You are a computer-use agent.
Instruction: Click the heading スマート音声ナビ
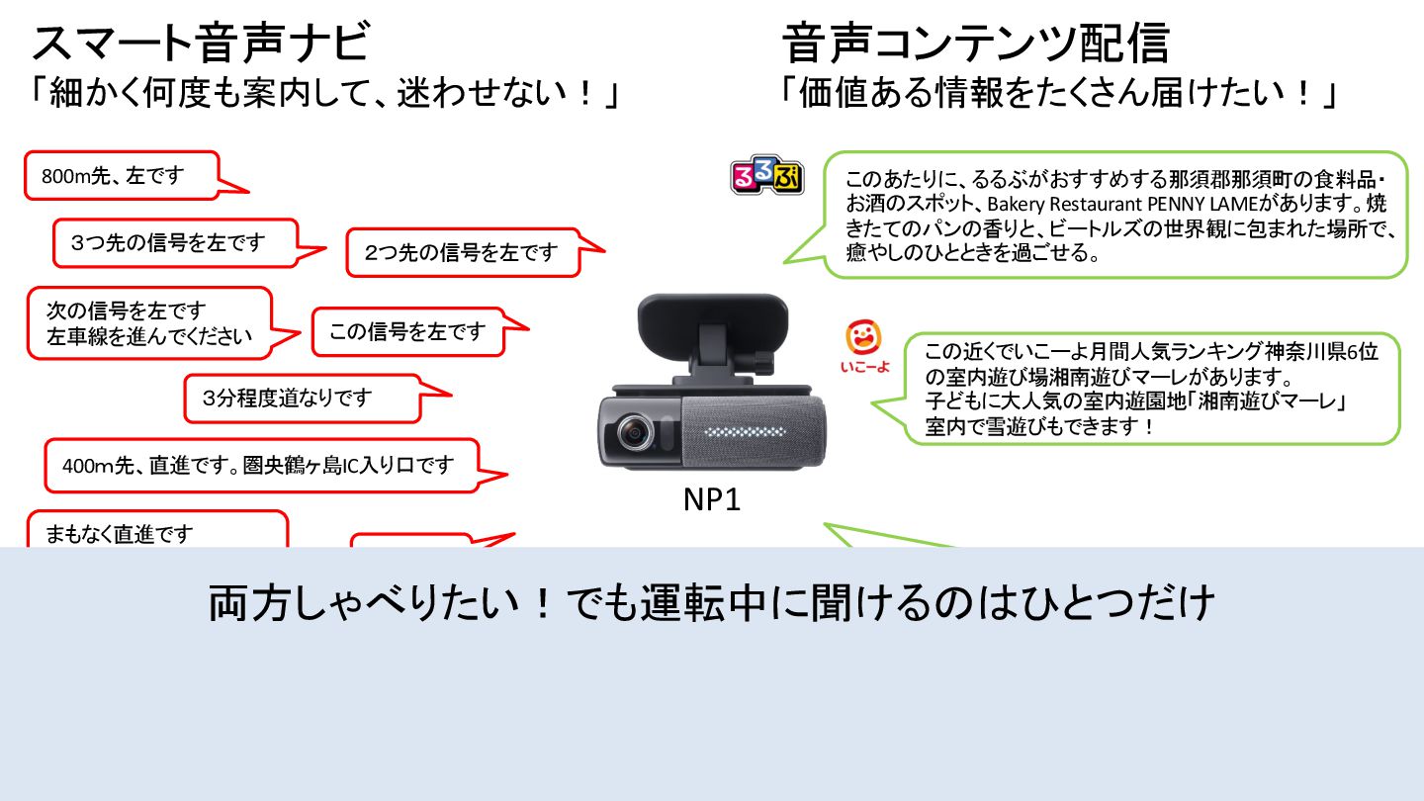click(201, 44)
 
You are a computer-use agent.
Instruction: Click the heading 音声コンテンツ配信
click(975, 44)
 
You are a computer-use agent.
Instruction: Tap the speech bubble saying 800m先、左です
click(119, 176)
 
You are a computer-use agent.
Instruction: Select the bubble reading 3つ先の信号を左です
click(174, 242)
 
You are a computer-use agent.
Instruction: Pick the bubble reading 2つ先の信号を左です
click(462, 252)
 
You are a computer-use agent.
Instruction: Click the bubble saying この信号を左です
click(407, 331)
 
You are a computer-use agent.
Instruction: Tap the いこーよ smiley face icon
click(863, 338)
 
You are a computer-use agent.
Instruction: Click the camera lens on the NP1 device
click(632, 433)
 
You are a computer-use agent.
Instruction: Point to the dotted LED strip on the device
click(748, 433)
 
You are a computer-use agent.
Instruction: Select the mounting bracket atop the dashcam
click(713, 336)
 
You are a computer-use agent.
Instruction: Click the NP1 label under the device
click(712, 500)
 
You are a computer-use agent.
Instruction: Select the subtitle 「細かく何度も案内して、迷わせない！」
click(326, 95)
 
